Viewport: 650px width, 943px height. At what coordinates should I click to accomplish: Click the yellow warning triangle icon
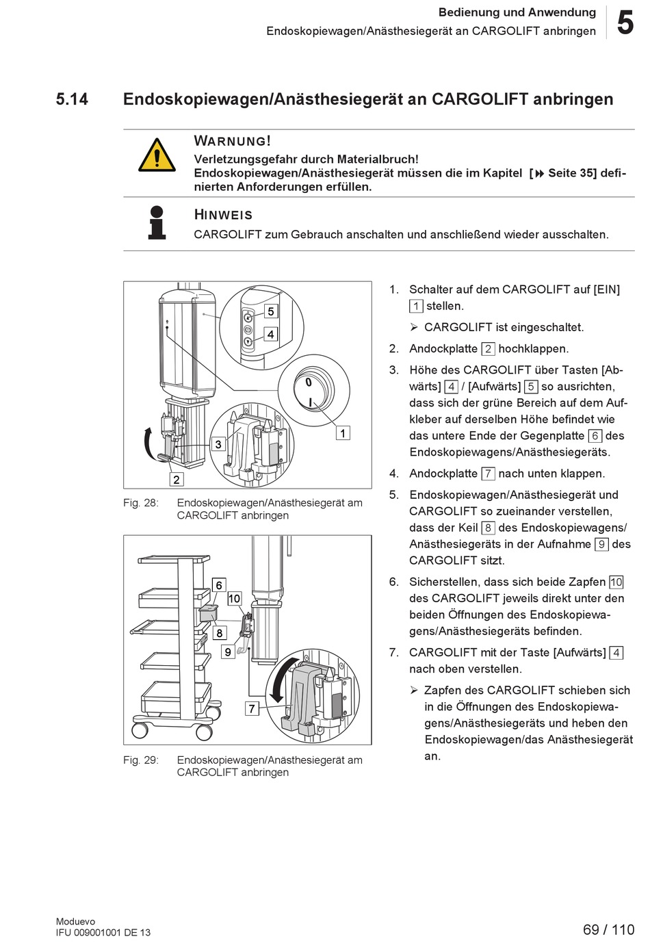tap(157, 155)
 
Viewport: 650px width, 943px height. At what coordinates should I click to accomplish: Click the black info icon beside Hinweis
tap(157, 222)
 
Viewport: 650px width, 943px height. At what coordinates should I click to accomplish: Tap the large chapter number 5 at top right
tap(625, 22)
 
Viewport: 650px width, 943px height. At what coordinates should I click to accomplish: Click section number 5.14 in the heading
tap(72, 99)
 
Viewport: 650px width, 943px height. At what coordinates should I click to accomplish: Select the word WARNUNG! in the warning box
tap(233, 141)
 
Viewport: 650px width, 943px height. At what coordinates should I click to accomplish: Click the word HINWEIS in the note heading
tap(223, 215)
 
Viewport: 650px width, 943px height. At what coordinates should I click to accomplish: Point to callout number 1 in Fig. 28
tap(343, 433)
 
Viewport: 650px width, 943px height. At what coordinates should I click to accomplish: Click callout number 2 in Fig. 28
tap(177, 479)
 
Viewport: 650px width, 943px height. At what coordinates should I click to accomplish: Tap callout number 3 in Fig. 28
tap(218, 444)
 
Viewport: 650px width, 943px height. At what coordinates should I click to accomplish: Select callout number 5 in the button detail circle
tap(271, 311)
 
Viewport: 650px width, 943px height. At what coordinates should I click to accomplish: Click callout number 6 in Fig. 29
tap(219, 584)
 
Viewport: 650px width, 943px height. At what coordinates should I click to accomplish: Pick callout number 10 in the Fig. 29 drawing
tap(234, 598)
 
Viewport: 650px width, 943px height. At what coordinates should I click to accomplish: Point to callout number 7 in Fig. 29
tap(252, 708)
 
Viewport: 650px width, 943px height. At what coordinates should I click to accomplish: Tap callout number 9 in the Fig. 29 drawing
tap(228, 651)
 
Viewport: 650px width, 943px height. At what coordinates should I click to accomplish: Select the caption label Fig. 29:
tap(141, 760)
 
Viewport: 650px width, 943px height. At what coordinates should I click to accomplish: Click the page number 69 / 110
tap(608, 929)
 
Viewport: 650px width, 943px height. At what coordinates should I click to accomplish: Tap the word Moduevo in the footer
tap(76, 921)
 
